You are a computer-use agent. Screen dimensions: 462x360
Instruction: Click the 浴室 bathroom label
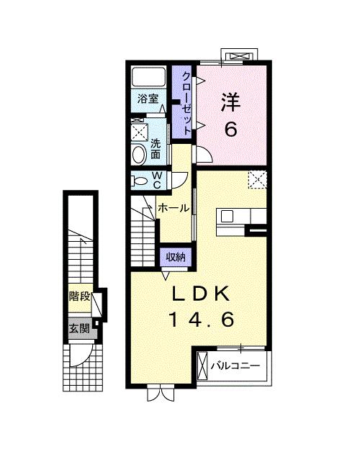(148, 99)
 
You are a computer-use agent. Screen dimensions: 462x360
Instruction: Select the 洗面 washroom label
(156, 149)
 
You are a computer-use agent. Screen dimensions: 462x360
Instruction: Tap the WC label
(157, 179)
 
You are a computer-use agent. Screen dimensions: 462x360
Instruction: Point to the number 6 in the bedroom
(230, 130)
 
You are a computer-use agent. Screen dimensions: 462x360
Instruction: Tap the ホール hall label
(173, 208)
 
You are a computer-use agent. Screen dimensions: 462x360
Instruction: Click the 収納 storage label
(176, 257)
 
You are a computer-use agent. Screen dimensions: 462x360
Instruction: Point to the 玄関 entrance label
(79, 329)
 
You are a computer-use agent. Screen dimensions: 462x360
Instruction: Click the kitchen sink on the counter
(228, 216)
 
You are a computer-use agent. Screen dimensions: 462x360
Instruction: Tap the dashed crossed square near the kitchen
(257, 179)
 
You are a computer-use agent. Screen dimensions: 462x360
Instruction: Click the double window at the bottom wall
(161, 393)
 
